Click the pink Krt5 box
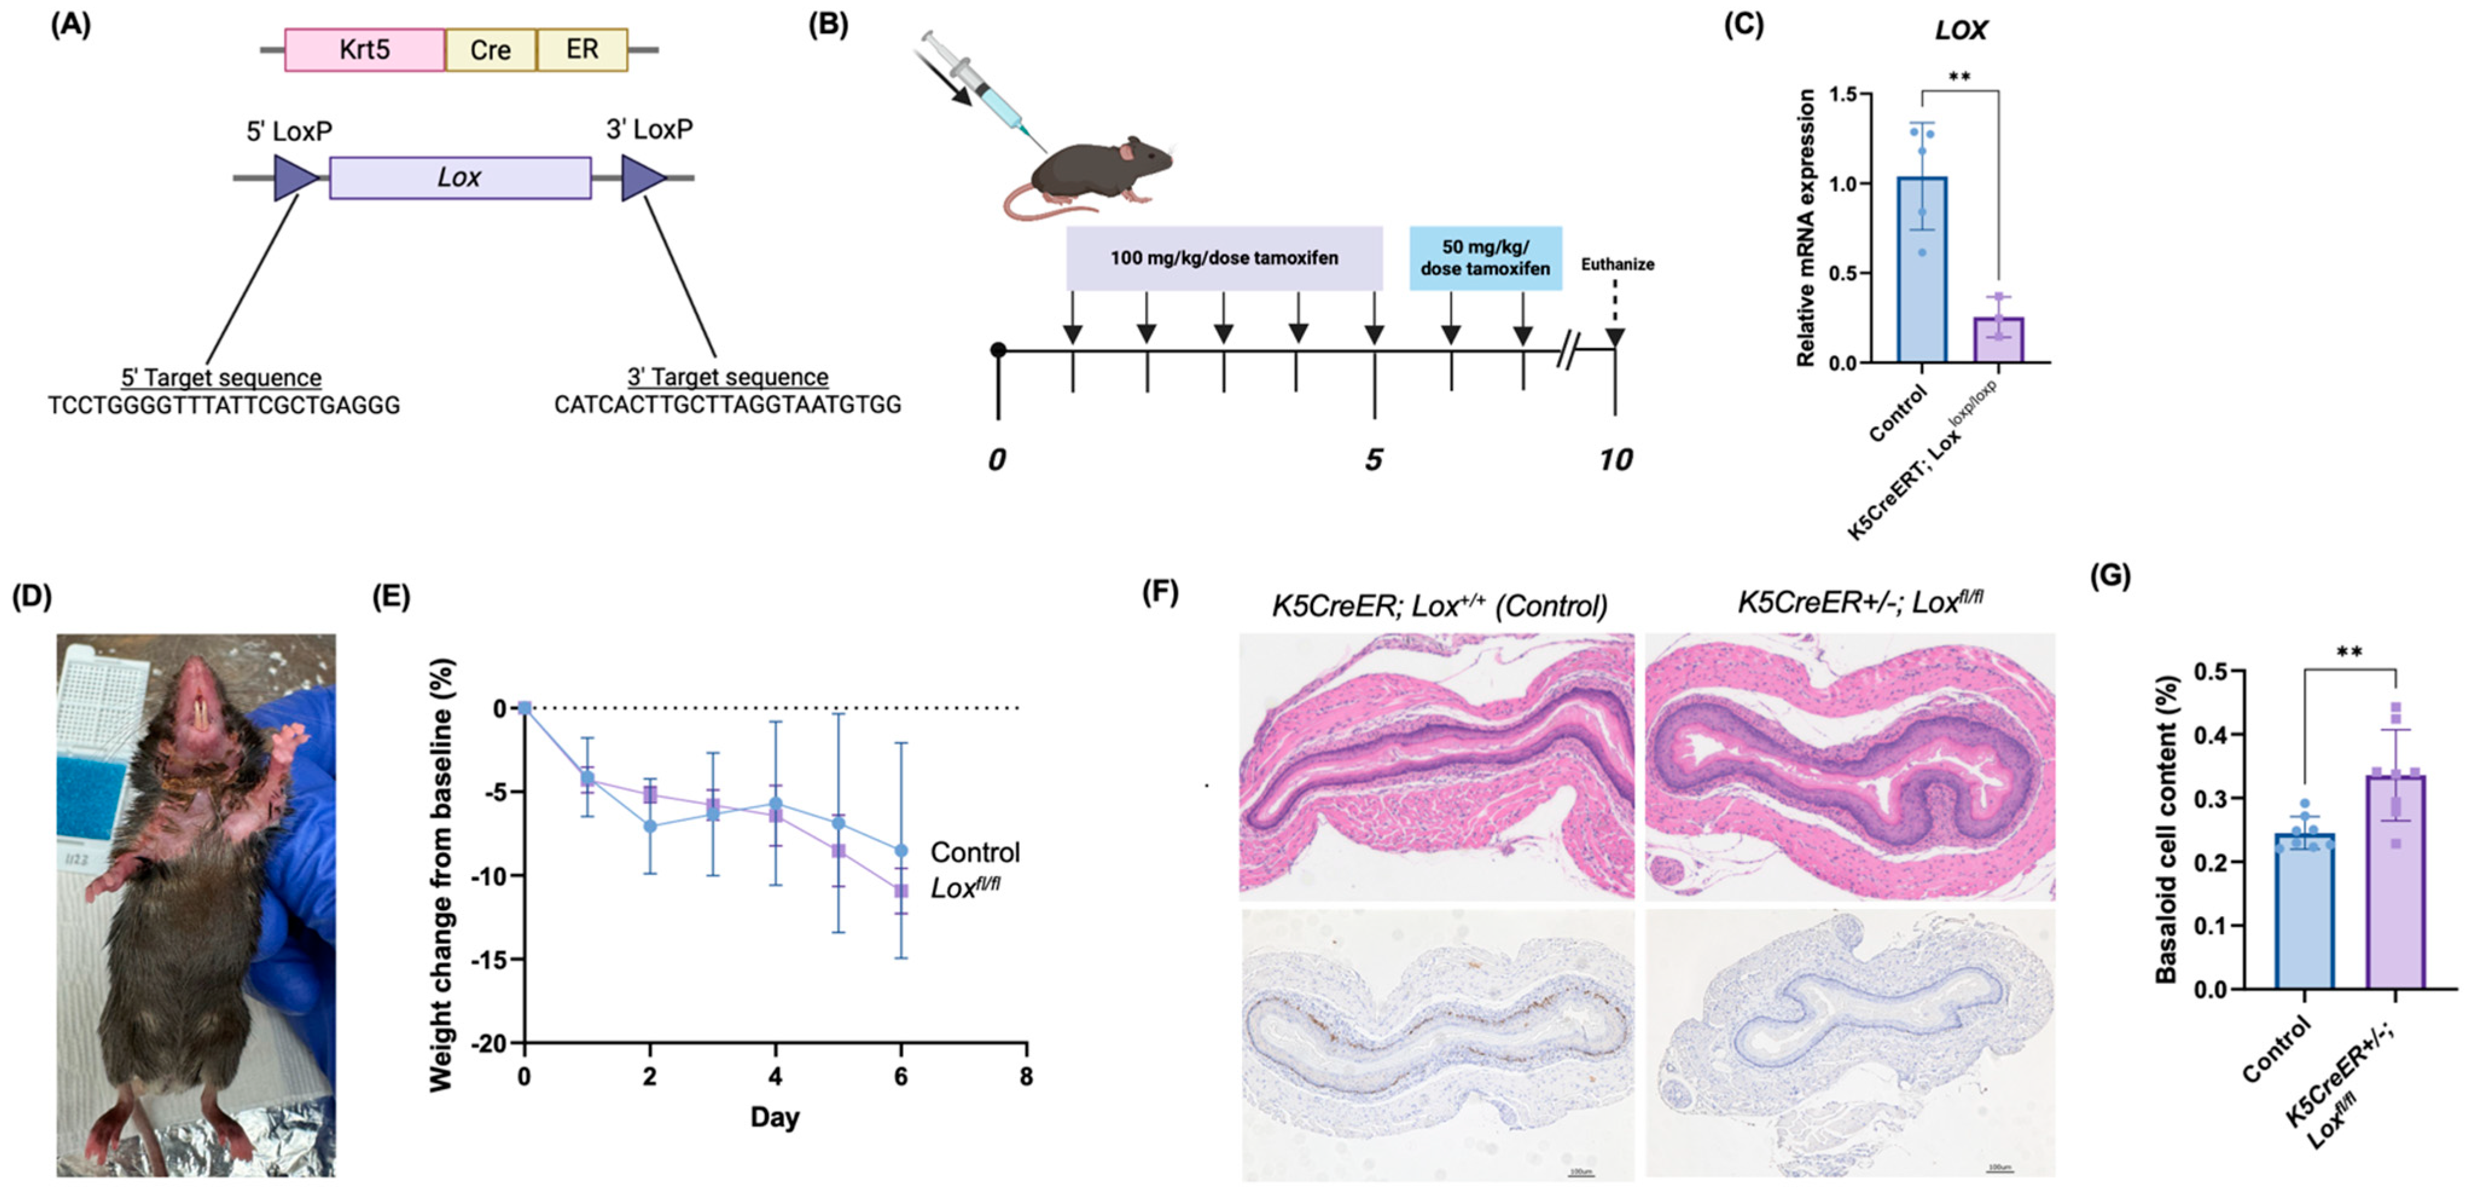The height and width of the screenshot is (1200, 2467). pyautogui.click(x=364, y=50)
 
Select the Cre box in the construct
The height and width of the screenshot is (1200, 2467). pyautogui.click(x=490, y=50)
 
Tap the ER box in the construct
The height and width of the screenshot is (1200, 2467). pyautogui.click(x=582, y=50)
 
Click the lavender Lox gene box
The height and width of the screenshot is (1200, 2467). pyautogui.click(x=459, y=178)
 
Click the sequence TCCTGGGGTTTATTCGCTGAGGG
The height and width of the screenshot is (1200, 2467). pyautogui.click(x=224, y=405)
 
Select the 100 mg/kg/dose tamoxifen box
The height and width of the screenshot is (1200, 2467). pyautogui.click(x=1224, y=258)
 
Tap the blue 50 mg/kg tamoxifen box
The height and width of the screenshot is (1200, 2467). pyautogui.click(x=1485, y=258)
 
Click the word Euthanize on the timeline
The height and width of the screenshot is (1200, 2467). pyautogui.click(x=1616, y=265)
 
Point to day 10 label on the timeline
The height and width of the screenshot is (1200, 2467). pyautogui.click(x=1614, y=461)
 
